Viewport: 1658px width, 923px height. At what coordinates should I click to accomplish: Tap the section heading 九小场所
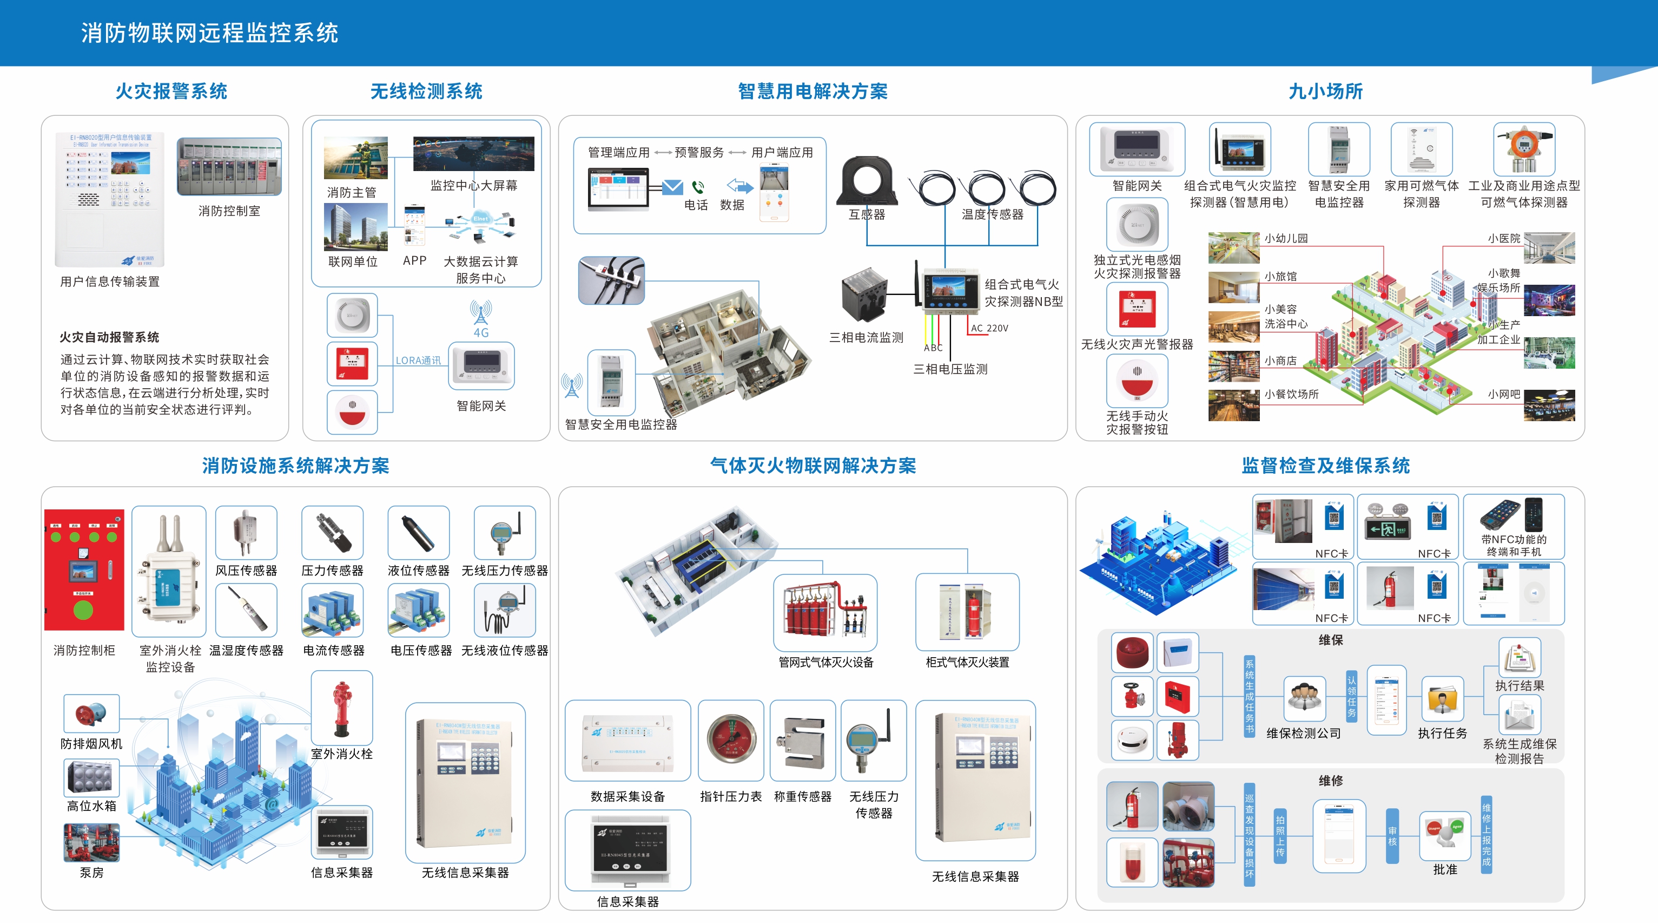[1325, 91]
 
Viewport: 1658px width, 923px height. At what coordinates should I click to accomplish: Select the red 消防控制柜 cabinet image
[84, 569]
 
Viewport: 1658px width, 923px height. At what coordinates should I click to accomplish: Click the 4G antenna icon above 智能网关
[481, 313]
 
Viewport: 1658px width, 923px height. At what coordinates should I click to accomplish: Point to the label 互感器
[867, 214]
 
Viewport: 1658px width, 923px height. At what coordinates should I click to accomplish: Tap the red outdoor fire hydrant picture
[341, 709]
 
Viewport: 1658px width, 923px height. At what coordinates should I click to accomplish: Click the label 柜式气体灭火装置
[967, 662]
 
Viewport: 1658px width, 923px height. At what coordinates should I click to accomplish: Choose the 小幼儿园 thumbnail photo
[1233, 248]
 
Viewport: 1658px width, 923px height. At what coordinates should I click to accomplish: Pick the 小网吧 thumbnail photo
[1549, 405]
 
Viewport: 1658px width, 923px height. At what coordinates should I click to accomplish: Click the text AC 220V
[989, 329]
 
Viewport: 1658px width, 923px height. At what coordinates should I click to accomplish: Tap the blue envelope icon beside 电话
[672, 187]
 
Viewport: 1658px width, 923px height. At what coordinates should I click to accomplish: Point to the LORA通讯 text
[418, 361]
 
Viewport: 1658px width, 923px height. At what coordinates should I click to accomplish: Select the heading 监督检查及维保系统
[1325, 466]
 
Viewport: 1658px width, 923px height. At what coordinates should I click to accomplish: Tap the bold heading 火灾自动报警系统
[109, 337]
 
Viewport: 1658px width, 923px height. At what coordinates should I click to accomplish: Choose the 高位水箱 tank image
[91, 777]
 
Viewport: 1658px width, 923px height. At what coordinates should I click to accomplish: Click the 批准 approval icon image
[1444, 835]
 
